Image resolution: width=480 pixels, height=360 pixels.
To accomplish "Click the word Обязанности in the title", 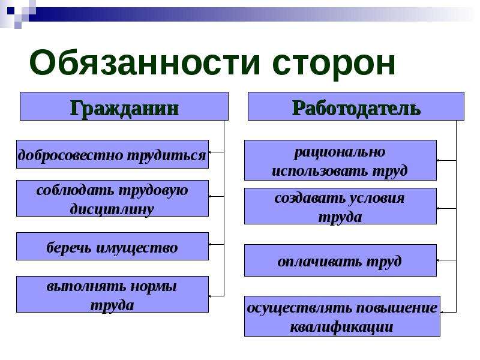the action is point(145,63).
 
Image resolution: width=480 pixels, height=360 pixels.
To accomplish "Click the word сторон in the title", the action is point(334,64).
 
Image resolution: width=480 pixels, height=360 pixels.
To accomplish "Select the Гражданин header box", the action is point(124,106).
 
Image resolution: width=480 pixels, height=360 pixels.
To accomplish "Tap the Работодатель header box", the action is point(356,106).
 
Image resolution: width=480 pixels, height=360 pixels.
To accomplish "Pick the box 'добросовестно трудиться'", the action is point(112,154).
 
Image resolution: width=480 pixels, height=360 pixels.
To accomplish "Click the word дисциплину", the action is point(112,209).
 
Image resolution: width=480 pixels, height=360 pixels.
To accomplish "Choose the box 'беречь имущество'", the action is point(112,247).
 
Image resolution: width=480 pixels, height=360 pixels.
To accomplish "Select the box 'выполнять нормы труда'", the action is point(112,295).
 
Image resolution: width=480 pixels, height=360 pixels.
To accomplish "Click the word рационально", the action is point(340,152).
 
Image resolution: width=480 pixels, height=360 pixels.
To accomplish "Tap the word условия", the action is point(376,199).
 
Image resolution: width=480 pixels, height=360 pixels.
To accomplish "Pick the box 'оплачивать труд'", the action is point(340,260).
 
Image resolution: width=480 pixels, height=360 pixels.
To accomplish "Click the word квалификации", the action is point(341,327).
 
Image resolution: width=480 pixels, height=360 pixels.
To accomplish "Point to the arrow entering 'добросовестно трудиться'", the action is point(217,152).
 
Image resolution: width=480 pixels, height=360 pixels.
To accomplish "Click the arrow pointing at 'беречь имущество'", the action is point(217,244).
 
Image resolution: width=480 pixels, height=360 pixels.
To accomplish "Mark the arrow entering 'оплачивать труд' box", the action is point(446,260).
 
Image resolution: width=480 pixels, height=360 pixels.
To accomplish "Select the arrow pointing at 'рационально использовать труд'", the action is point(446,160).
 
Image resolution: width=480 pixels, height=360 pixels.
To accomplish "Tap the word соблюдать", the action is point(74,190).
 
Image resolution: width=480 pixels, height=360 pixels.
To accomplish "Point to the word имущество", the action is point(137,247).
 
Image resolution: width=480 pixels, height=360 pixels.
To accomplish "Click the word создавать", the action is point(309,199).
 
